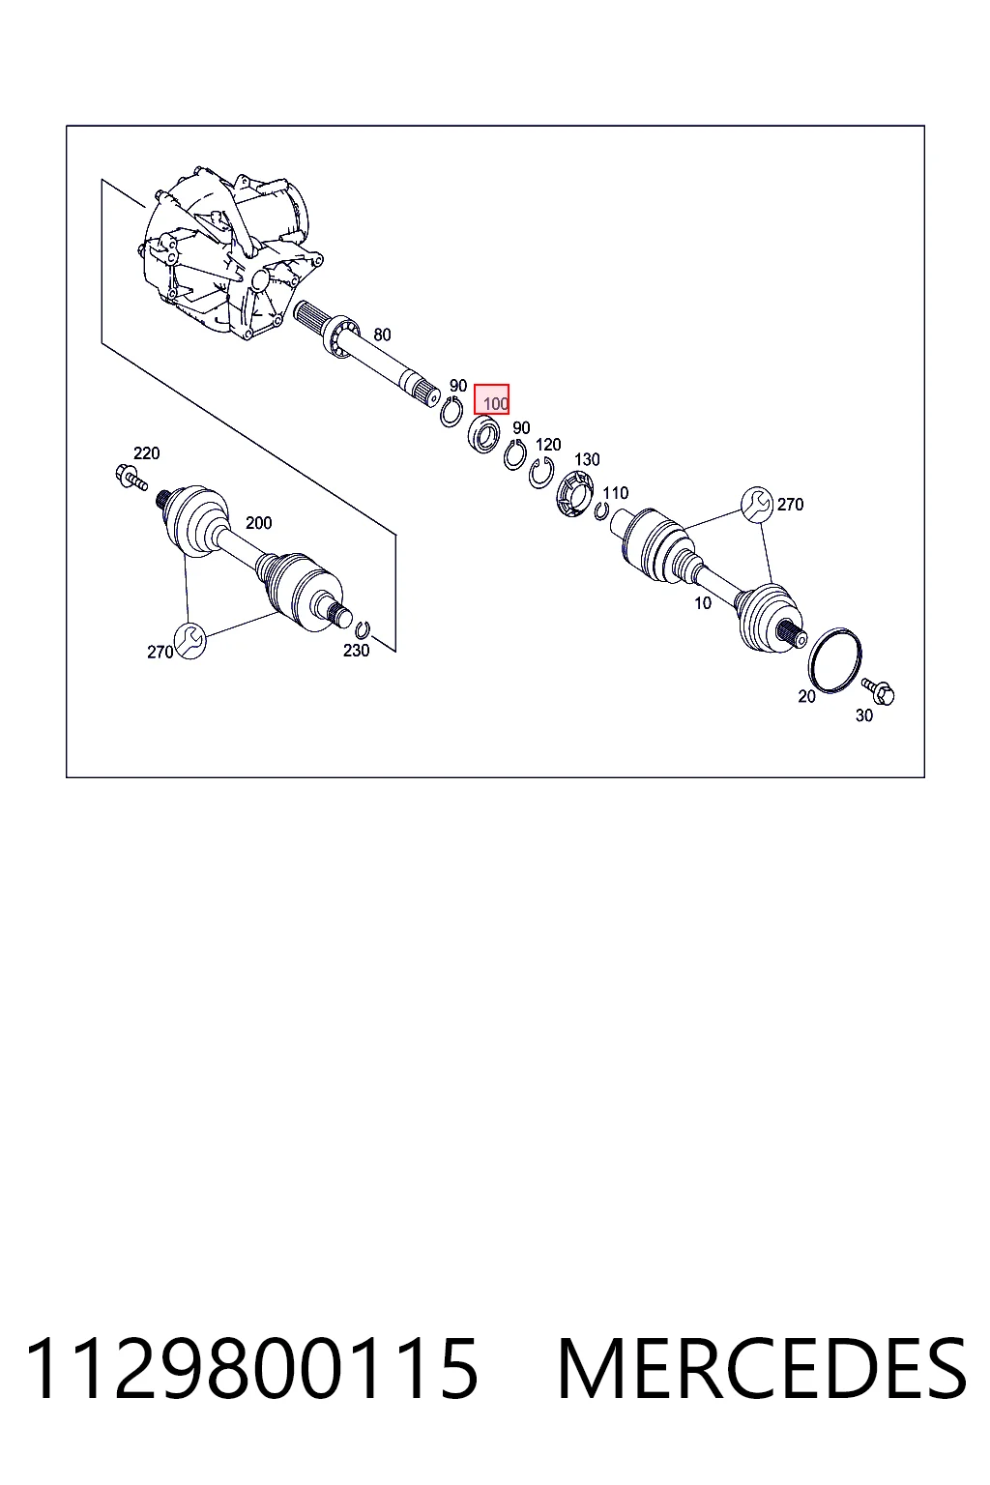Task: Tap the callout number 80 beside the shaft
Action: click(x=382, y=335)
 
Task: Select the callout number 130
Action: click(x=587, y=459)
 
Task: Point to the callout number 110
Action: click(x=615, y=493)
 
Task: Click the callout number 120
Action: click(x=548, y=444)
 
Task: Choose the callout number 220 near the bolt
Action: click(x=147, y=453)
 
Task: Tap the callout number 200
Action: click(x=258, y=523)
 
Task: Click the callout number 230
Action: click(x=356, y=651)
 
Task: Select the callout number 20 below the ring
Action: click(x=806, y=696)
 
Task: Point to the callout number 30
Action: click(x=864, y=715)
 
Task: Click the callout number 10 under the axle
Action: click(x=703, y=603)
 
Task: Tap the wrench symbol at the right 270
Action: click(x=757, y=505)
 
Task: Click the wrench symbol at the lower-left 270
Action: click(x=189, y=642)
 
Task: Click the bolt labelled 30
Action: click(x=878, y=691)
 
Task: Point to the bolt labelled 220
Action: click(x=131, y=479)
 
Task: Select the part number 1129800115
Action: click(x=251, y=1369)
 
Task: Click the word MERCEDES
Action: click(x=763, y=1369)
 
